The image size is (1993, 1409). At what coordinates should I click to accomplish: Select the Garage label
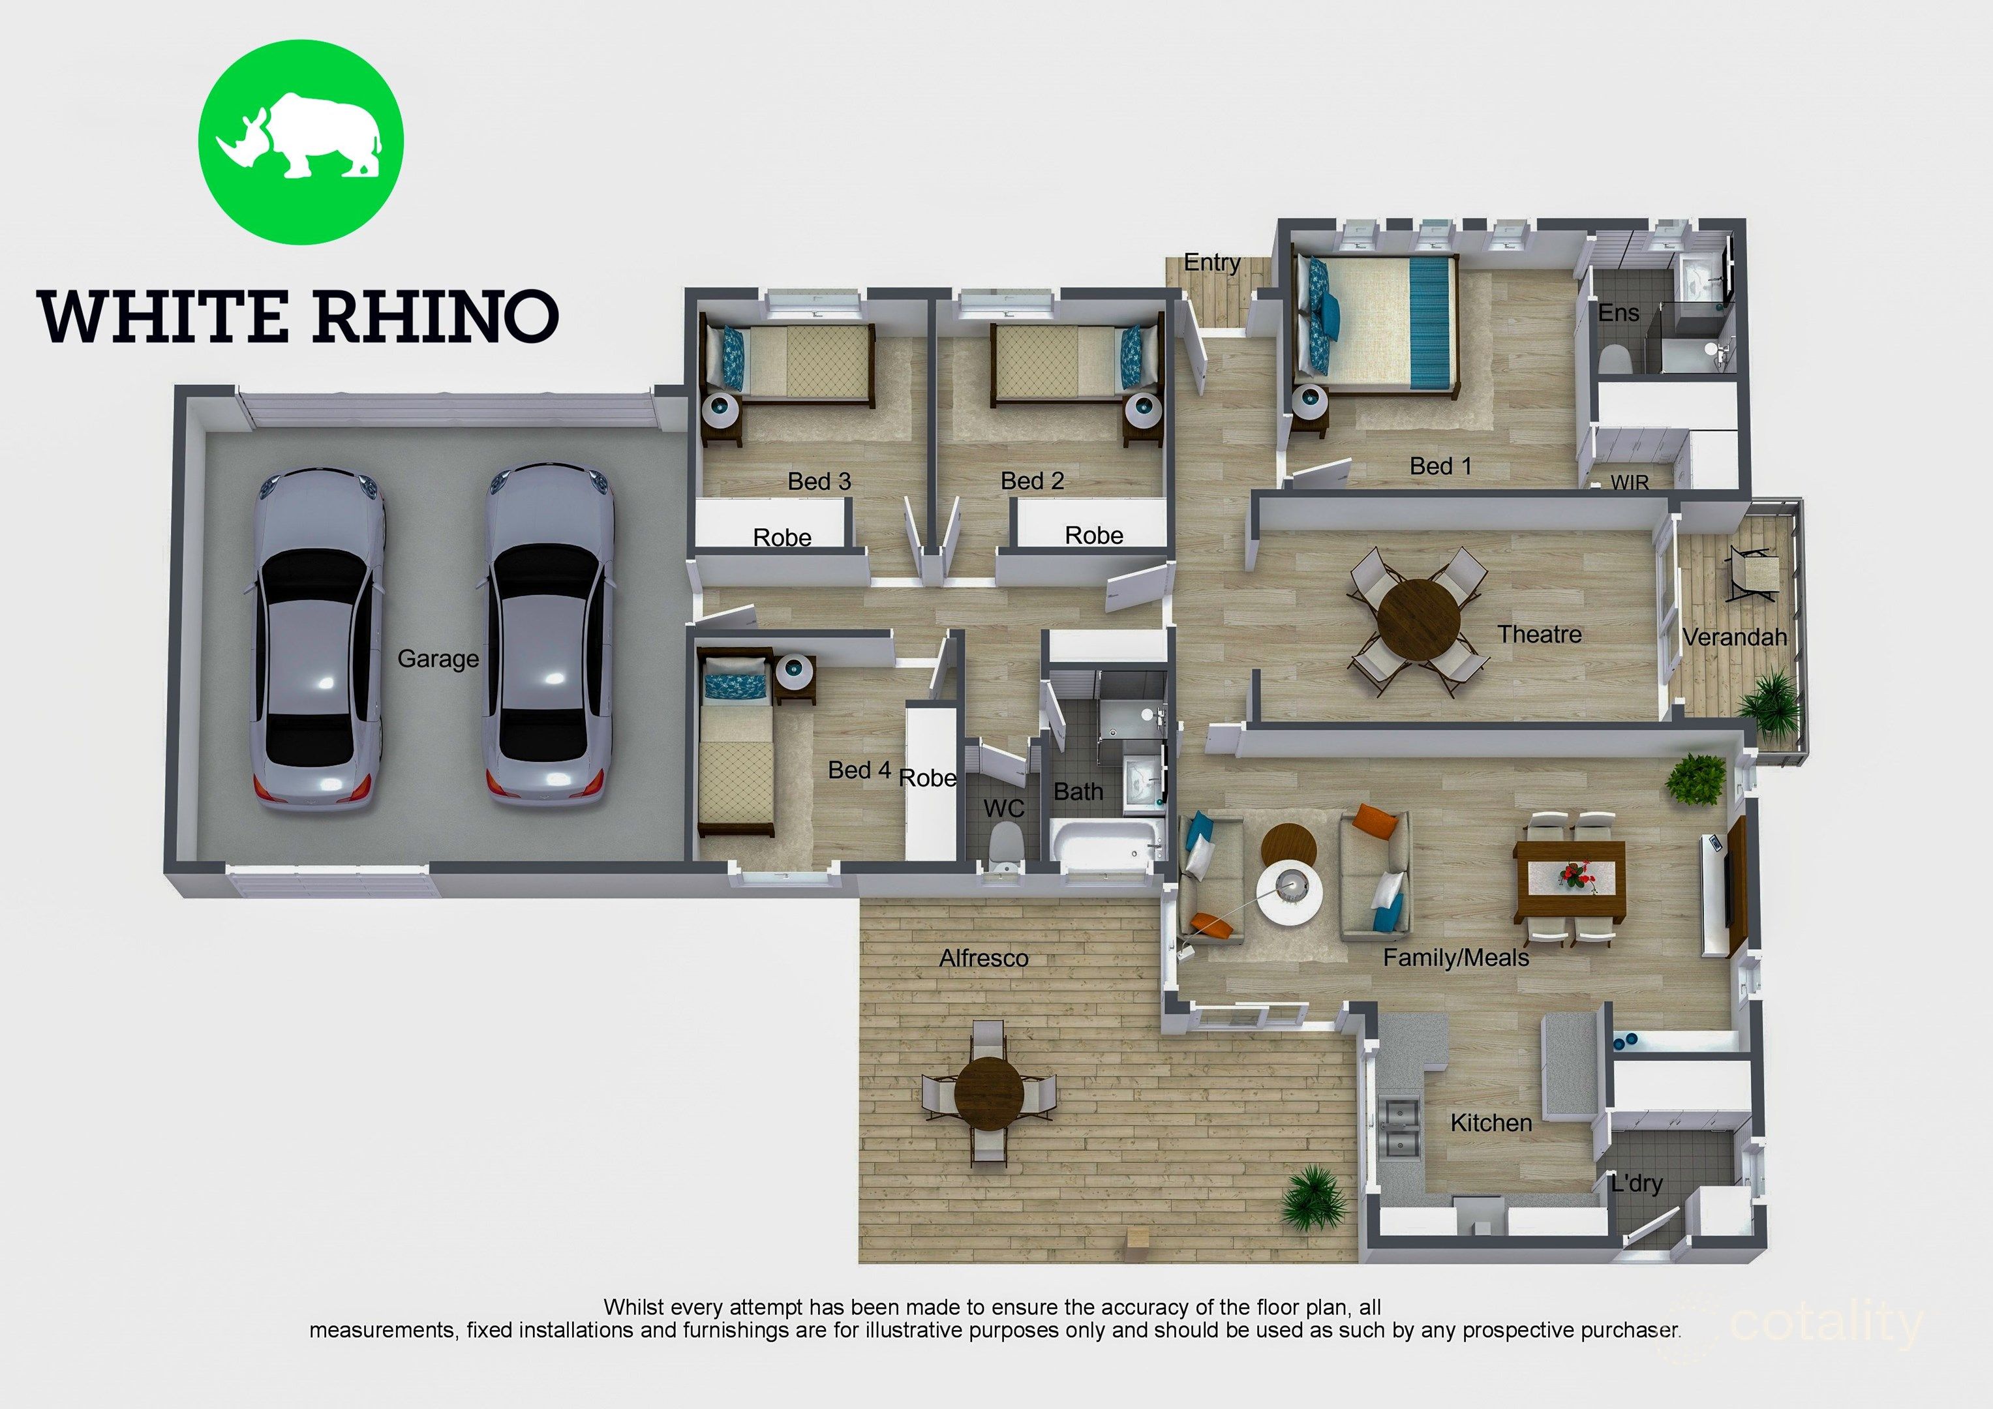pos(438,659)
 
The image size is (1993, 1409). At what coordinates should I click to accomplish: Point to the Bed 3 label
pos(819,481)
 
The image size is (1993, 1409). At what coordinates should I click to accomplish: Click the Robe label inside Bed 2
pos(1094,536)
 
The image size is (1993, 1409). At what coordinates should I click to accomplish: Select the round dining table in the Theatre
pos(1420,622)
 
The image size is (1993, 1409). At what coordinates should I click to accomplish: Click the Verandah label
pos(1734,637)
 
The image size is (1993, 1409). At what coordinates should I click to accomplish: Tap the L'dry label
pos(1636,1183)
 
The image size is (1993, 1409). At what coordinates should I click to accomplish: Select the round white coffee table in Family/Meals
pos(1290,893)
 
